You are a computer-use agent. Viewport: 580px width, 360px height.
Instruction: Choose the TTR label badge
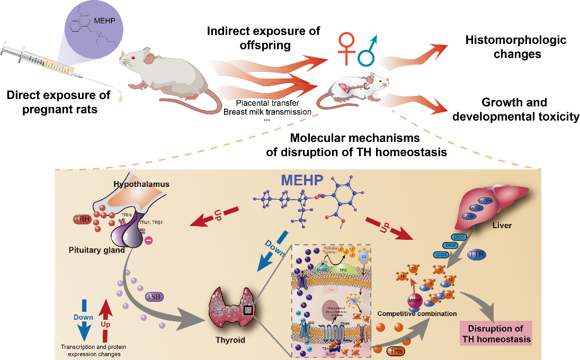point(475,255)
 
